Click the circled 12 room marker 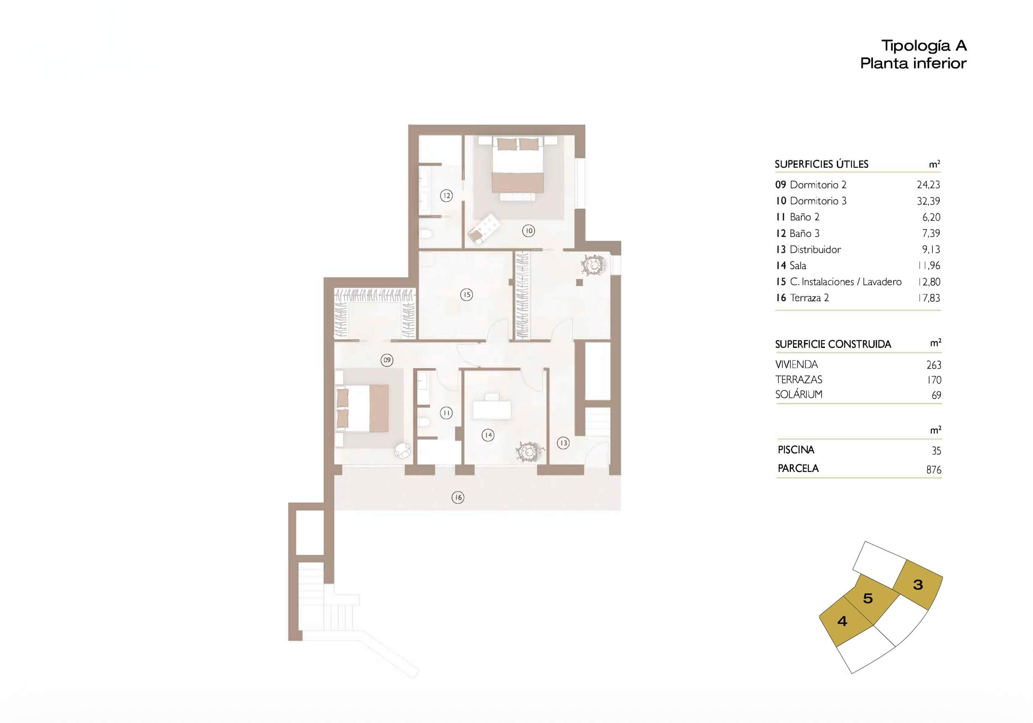(x=446, y=196)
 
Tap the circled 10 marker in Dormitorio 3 (x=528, y=231)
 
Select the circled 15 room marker (x=467, y=295)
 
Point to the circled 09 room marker (x=387, y=360)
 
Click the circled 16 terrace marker (x=458, y=497)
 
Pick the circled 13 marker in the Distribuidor (x=563, y=443)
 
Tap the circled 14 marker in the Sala (x=488, y=435)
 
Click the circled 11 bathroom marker (x=446, y=413)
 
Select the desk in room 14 (x=492, y=408)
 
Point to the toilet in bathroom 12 (x=426, y=233)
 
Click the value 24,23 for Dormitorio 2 (x=929, y=185)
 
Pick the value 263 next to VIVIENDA (x=934, y=365)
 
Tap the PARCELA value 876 (x=934, y=469)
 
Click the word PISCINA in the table (x=796, y=449)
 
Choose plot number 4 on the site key (x=842, y=621)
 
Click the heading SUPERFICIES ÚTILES (x=822, y=164)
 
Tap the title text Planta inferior (x=913, y=63)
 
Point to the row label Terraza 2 (x=810, y=298)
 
